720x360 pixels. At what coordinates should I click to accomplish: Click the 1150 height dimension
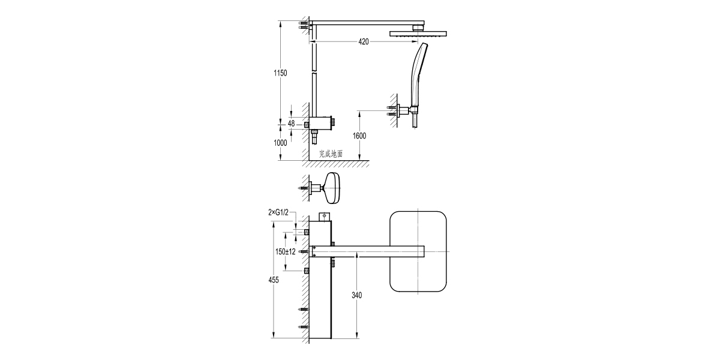pyautogui.click(x=280, y=73)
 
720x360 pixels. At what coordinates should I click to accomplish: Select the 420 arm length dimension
pyautogui.click(x=364, y=42)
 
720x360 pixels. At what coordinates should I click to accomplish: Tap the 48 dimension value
pyautogui.click(x=291, y=124)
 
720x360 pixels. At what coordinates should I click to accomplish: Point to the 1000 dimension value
pyautogui.click(x=280, y=143)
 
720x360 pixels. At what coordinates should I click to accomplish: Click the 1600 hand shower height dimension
pyautogui.click(x=359, y=136)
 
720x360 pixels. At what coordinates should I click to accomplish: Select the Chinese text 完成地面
pyautogui.click(x=331, y=154)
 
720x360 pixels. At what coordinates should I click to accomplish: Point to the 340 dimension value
pyautogui.click(x=358, y=295)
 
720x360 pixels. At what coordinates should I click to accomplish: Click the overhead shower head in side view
pyautogui.click(x=419, y=34)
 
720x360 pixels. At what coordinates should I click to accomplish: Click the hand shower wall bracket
pyautogui.click(x=403, y=111)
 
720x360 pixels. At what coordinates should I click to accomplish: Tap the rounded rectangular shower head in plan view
pyautogui.click(x=419, y=251)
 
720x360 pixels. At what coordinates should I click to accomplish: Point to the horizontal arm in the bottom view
pyautogui.click(x=378, y=251)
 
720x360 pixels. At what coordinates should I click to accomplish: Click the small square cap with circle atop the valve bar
pyautogui.click(x=323, y=215)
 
